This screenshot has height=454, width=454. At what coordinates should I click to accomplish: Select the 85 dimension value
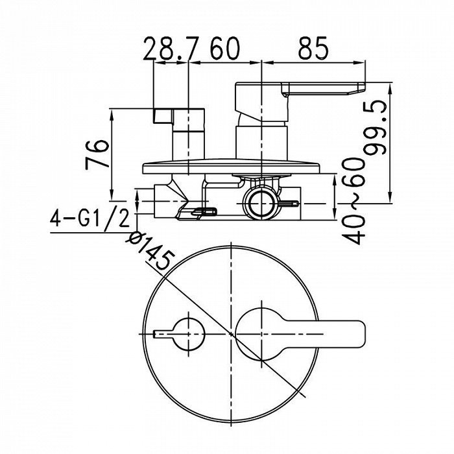tap(313, 48)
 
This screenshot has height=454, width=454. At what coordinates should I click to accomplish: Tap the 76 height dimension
tap(97, 154)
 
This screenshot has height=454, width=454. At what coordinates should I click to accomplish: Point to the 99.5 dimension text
tap(376, 128)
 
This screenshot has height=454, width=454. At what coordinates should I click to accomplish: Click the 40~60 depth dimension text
tap(353, 201)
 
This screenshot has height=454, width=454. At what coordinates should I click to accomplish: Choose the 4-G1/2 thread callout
tap(90, 219)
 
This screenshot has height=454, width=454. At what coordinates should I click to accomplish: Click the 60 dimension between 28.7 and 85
tap(225, 48)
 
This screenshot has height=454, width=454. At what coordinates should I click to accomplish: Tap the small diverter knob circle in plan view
tap(189, 334)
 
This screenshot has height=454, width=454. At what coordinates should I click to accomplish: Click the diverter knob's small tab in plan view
tap(163, 334)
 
